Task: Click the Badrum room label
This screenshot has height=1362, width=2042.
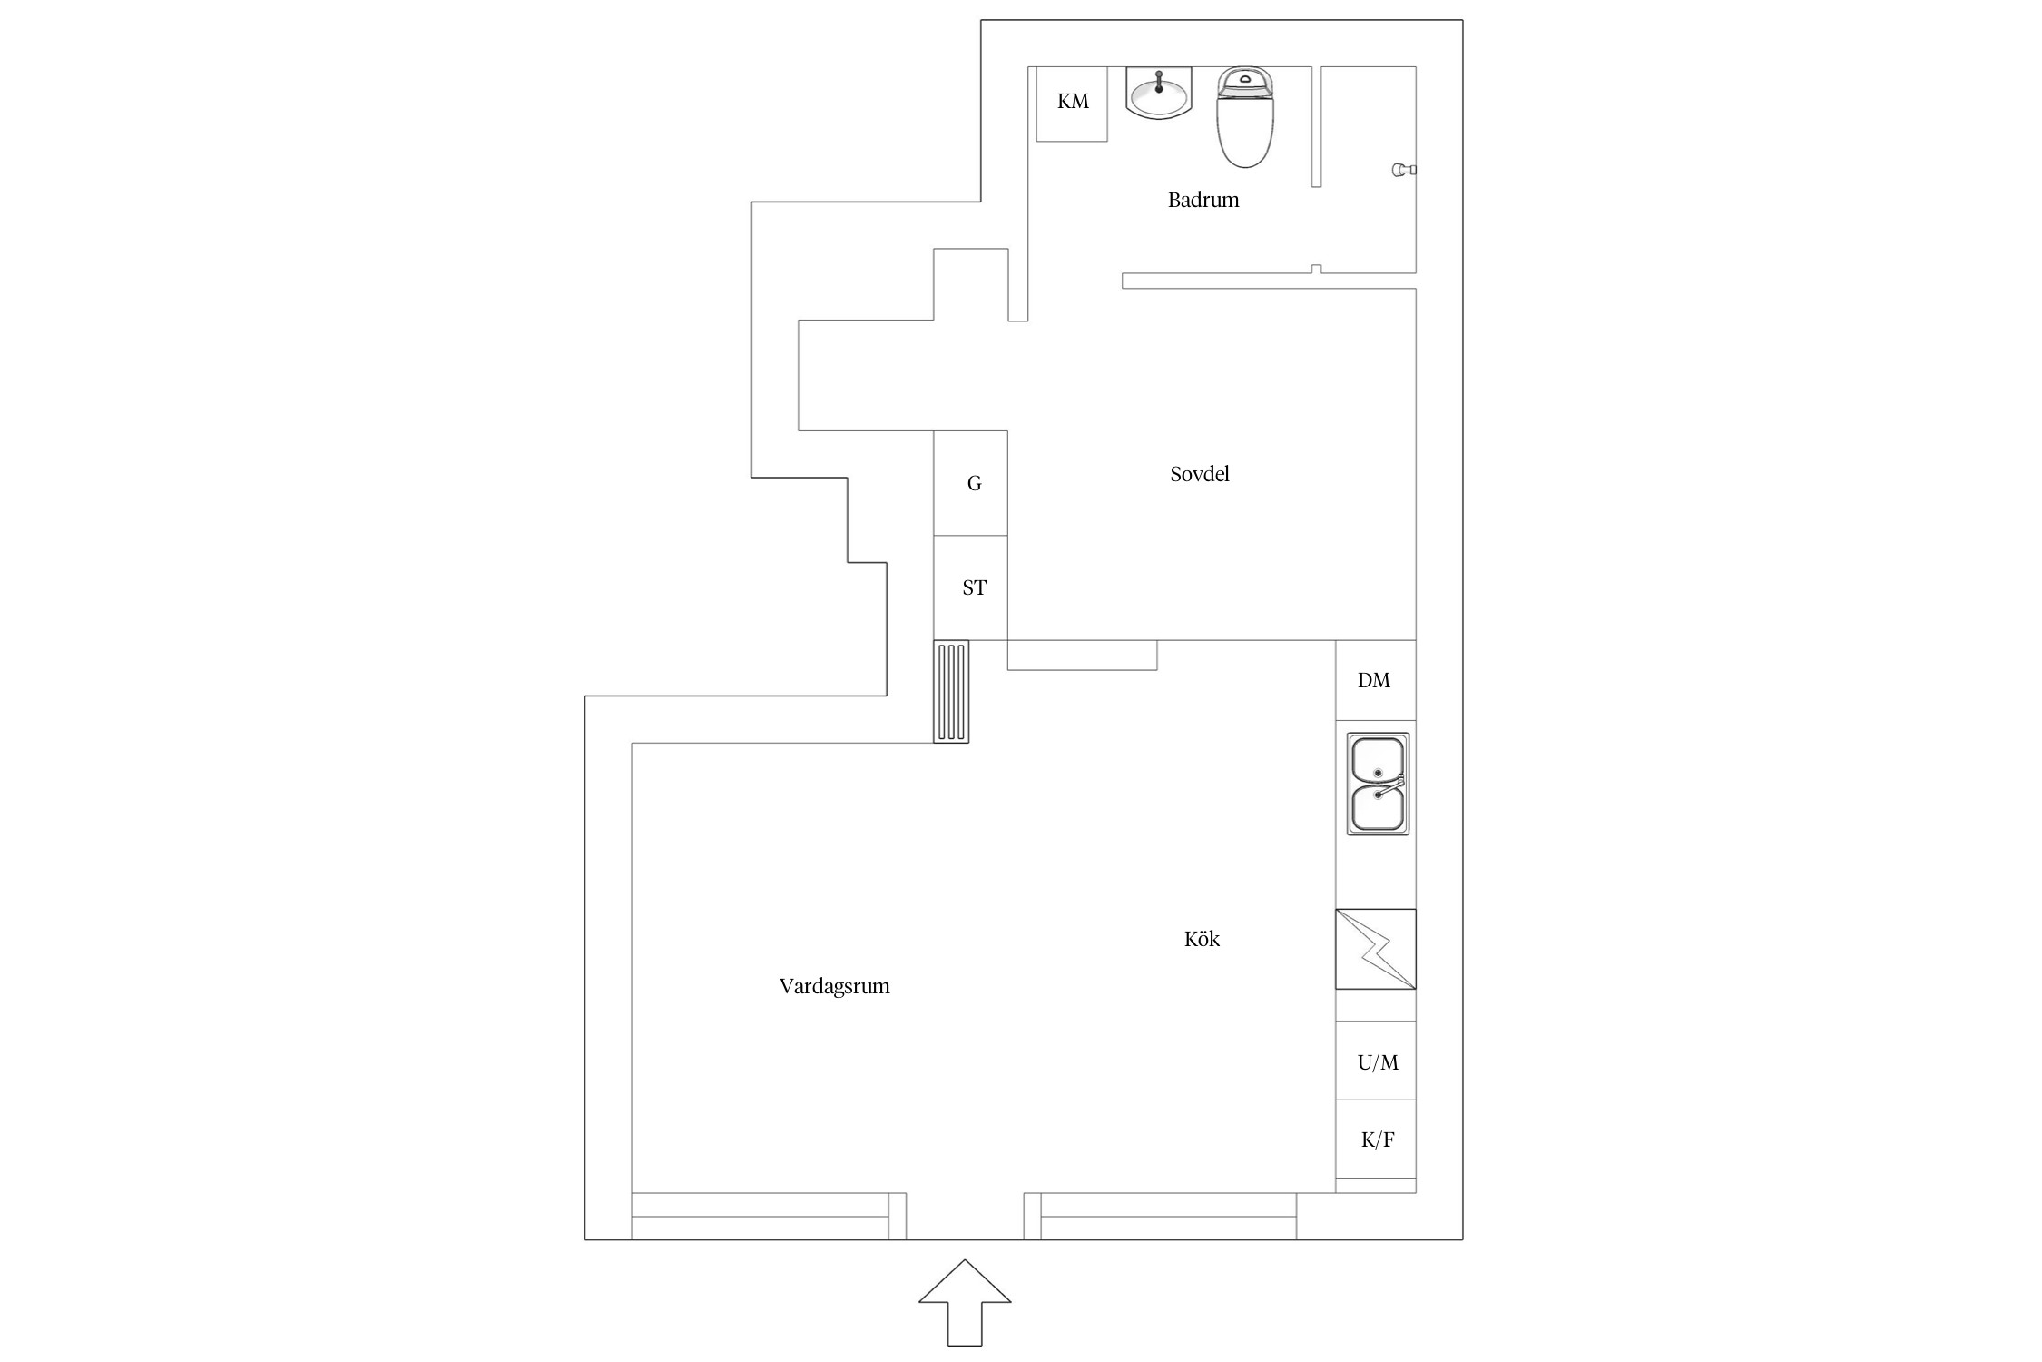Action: (1203, 200)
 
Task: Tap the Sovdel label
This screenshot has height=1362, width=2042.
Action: (1200, 474)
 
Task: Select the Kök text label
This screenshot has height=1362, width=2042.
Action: (1202, 939)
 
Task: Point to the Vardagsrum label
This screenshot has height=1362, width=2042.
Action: (834, 987)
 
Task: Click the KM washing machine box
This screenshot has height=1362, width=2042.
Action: (1072, 104)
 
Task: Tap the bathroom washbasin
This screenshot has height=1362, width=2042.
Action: (1159, 94)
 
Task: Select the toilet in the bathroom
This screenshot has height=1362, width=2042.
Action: (1245, 117)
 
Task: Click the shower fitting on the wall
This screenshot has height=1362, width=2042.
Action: (1404, 170)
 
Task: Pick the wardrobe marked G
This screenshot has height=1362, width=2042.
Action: (971, 483)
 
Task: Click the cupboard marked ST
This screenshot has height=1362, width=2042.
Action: (971, 587)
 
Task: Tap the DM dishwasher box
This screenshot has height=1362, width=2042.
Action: (1375, 681)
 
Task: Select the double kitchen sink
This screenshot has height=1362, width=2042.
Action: (1378, 784)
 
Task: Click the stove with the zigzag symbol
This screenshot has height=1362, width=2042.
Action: (1375, 949)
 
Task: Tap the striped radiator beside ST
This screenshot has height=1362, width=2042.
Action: (951, 691)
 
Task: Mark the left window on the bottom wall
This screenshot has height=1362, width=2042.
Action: (769, 1217)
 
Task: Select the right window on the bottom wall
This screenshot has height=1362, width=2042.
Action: (1160, 1217)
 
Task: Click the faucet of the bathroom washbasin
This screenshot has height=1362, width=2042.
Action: (1159, 82)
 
